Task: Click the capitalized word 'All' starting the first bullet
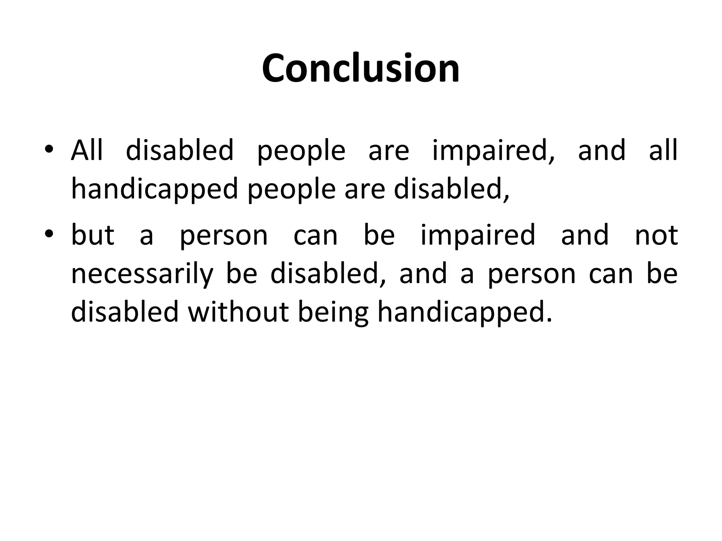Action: click(x=87, y=150)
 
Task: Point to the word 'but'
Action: click(x=93, y=235)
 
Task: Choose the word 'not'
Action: click(x=656, y=235)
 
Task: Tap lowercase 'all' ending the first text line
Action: click(x=663, y=150)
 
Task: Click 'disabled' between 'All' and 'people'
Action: click(x=180, y=150)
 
